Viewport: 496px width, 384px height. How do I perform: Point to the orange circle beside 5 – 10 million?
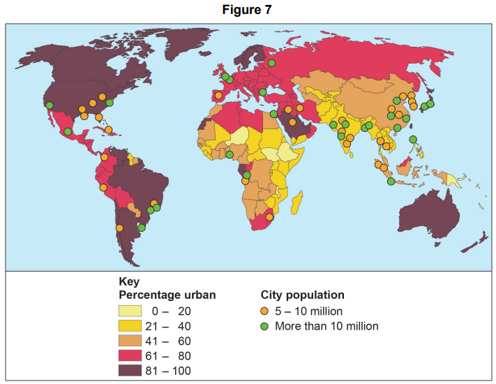tap(265, 311)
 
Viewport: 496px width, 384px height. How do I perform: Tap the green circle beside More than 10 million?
tap(265, 326)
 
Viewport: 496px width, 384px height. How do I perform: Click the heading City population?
tap(302, 295)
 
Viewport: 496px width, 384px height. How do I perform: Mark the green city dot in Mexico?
tap(68, 131)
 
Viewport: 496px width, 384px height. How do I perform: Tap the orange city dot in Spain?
tap(218, 95)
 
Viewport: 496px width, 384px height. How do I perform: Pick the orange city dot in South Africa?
tap(266, 219)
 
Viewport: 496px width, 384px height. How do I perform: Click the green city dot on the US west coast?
tap(50, 106)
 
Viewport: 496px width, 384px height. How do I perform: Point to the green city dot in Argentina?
tap(142, 227)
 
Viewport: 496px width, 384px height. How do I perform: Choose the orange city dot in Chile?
tap(120, 228)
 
